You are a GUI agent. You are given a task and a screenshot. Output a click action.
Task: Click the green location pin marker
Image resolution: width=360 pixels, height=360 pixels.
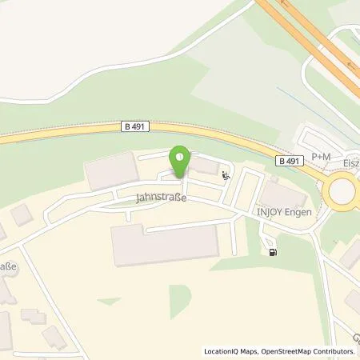coord(180,160)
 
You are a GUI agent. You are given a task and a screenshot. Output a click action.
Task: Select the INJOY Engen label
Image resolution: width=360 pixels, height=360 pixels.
coord(284,212)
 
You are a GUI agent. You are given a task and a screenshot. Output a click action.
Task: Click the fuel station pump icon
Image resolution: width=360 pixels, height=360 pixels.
coord(274,253)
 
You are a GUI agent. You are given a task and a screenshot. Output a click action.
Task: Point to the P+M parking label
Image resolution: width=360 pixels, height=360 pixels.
coord(321,157)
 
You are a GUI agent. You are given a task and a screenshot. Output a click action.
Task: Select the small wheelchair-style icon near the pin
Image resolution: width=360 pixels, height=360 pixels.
coord(226,176)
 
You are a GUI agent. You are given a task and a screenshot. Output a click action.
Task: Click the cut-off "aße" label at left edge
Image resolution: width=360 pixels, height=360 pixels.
coord(8,266)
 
